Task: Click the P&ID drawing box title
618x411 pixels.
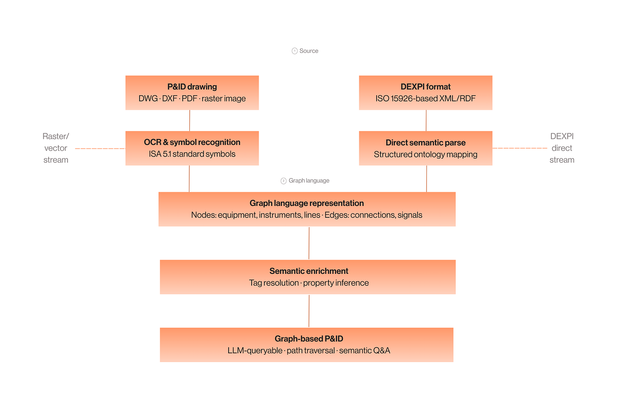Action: click(192, 87)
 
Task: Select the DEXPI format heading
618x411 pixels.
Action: click(426, 87)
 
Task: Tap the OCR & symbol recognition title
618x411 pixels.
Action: click(192, 142)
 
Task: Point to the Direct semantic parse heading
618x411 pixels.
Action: click(426, 142)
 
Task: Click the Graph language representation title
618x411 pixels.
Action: click(306, 203)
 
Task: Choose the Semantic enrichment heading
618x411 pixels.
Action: click(309, 271)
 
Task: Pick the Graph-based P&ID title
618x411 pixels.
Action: click(309, 339)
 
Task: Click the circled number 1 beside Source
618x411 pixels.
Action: click(294, 51)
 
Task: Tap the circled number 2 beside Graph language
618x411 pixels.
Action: click(283, 181)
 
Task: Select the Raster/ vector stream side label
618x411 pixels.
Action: click(56, 148)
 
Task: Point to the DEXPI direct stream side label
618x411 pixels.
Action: click(561, 148)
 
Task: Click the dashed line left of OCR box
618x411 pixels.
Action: click(100, 149)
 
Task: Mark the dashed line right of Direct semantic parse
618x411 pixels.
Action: click(520, 148)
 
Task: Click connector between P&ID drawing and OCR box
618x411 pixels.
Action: click(189, 120)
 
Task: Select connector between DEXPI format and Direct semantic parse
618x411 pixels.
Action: click(426, 120)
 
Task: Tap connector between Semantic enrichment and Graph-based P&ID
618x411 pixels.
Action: click(309, 311)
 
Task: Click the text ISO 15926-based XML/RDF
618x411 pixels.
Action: click(426, 99)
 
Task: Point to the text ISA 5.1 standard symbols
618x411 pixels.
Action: click(192, 154)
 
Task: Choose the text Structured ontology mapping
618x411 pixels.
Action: click(426, 154)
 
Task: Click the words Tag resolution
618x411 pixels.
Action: click(274, 283)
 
